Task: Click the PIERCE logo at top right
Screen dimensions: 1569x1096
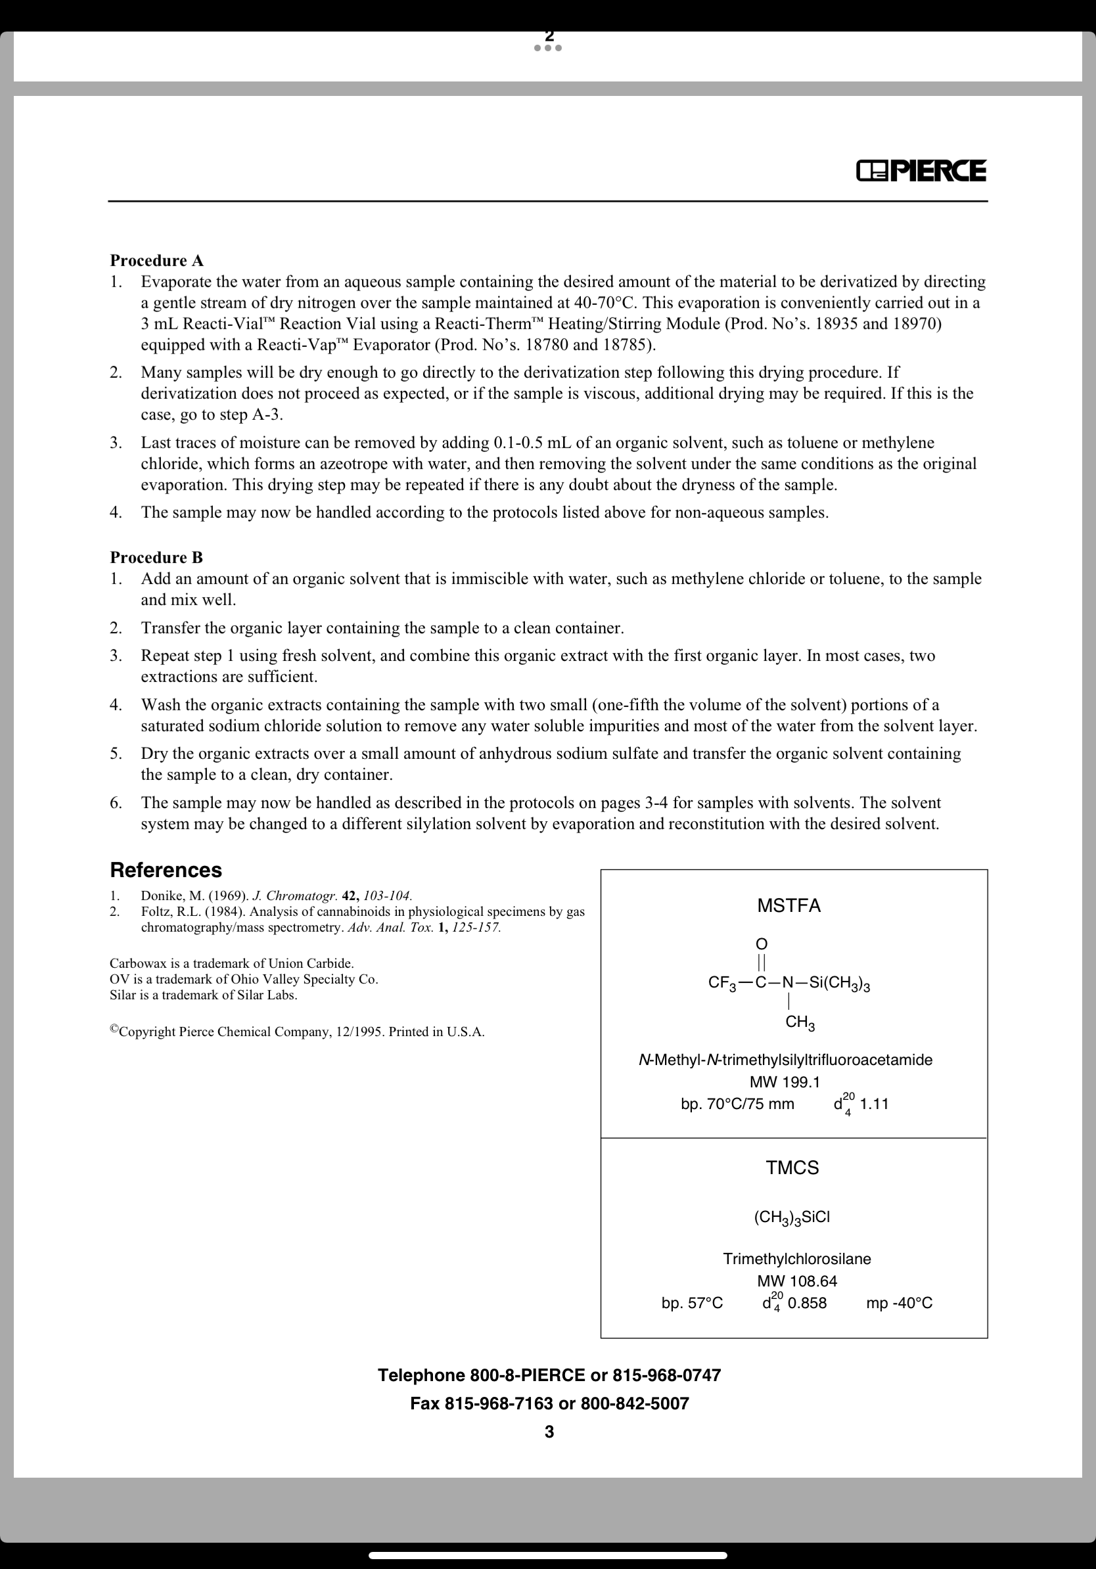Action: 921,171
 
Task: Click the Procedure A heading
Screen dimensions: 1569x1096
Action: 156,260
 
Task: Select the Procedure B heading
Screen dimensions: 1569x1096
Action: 156,557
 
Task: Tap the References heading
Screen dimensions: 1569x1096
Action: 166,870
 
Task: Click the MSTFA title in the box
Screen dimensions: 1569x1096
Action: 788,905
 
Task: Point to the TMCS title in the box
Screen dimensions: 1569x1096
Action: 792,1167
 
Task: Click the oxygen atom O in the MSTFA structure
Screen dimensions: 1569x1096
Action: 761,944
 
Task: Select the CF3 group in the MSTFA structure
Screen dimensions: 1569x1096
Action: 722,984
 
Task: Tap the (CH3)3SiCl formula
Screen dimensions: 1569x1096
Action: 792,1216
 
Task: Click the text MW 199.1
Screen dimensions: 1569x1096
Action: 785,1081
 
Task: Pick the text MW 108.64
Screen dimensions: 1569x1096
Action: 797,1281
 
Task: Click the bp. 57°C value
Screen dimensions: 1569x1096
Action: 691,1302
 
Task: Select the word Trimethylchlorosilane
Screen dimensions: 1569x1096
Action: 797,1259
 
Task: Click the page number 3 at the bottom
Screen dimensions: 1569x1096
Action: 549,1432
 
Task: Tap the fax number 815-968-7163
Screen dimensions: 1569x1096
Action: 499,1403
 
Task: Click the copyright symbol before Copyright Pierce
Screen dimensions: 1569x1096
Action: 114,1028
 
